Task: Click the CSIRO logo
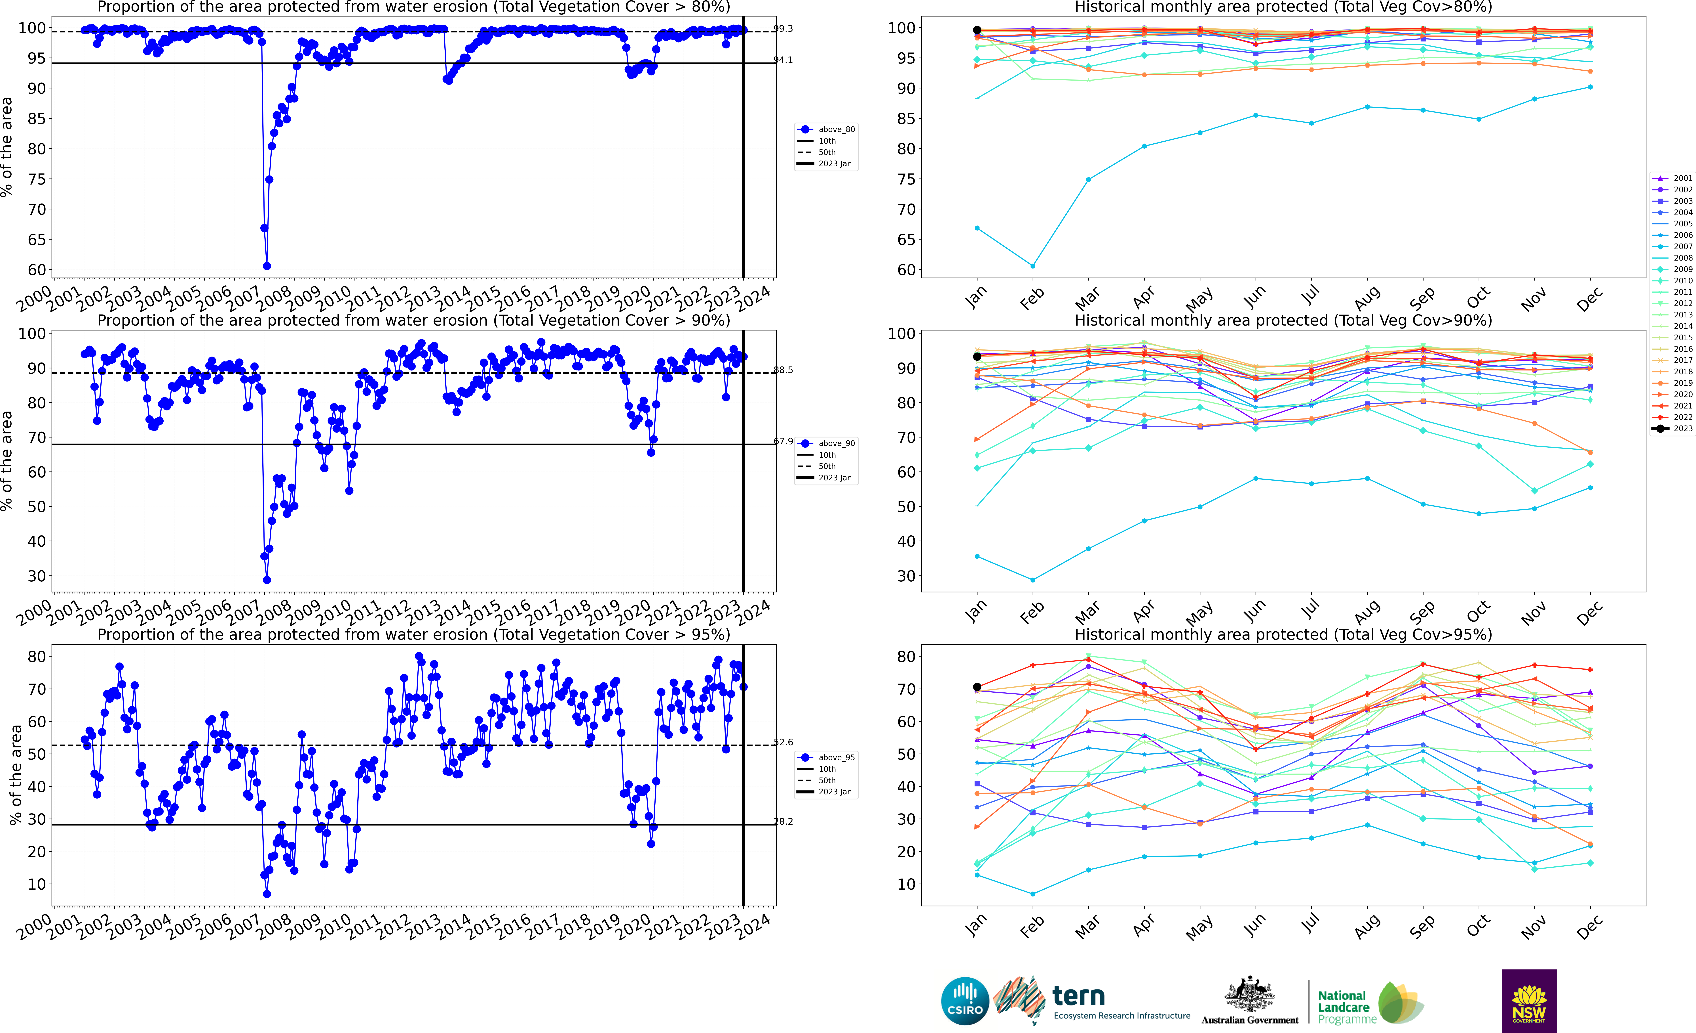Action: pyautogui.click(x=965, y=1001)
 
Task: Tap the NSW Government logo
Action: pyautogui.click(x=1529, y=1001)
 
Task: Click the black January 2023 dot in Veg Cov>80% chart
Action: pyautogui.click(x=977, y=30)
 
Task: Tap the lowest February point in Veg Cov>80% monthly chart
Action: pyautogui.click(x=1032, y=266)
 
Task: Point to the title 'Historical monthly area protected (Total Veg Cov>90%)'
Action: pyautogui.click(x=1283, y=320)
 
